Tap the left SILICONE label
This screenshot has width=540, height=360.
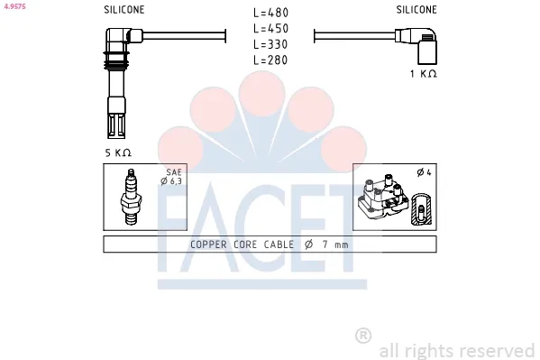coord(124,9)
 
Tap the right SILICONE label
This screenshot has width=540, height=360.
coord(416,9)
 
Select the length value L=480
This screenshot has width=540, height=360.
coord(270,13)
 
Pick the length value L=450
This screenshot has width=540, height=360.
coord(270,28)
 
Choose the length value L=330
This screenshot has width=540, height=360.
coord(270,43)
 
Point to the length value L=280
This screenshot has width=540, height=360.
coord(270,59)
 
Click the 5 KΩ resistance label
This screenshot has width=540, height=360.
coord(118,153)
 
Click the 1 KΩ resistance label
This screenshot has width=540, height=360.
coord(423,73)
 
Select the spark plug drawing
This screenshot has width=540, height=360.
coord(132,198)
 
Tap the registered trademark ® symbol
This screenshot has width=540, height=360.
coord(363,336)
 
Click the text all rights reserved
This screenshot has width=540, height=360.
coord(457,350)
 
